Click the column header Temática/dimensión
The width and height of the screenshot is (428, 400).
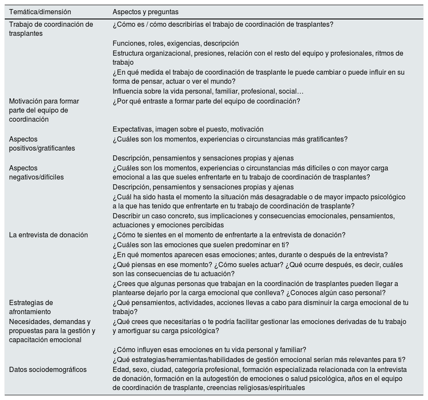[40, 12]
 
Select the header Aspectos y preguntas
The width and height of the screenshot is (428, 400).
[145, 12]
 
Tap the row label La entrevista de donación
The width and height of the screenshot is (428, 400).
[48, 235]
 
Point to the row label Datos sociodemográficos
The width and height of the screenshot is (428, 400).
[47, 370]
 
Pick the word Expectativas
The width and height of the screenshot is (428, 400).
[132, 129]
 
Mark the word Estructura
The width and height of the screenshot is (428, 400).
[128, 54]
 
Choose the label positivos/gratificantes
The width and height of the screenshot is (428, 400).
[42, 148]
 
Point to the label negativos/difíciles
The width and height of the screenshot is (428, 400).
[36, 177]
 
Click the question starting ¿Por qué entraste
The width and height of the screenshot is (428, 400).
[206, 101]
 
